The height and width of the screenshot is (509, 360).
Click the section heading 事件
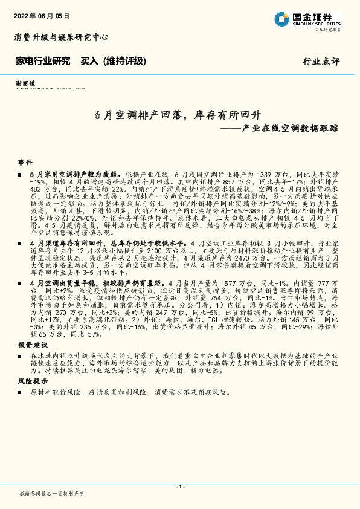25,163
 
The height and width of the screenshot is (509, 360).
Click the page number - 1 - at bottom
179,487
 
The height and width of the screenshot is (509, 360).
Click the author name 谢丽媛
25,83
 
